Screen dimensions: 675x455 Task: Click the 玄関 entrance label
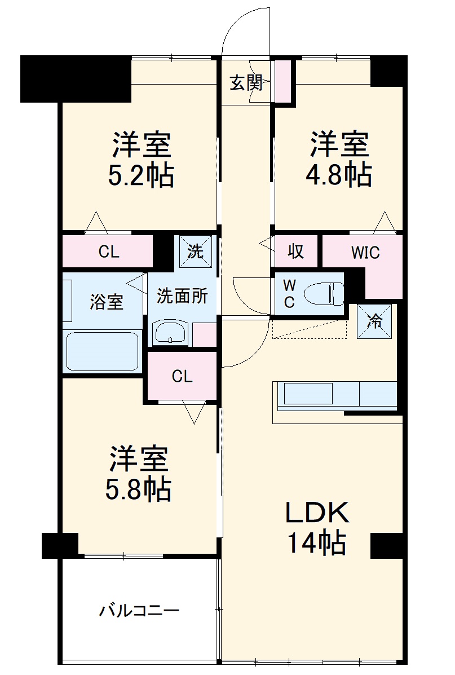pyautogui.click(x=246, y=83)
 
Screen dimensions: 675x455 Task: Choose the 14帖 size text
pyautogui.click(x=317, y=542)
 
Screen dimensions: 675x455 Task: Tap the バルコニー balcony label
pyautogui.click(x=139, y=610)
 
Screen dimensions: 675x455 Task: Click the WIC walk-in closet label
pyautogui.click(x=365, y=253)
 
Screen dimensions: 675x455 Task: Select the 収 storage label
pyautogui.click(x=296, y=252)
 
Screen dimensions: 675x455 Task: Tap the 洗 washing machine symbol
pyautogui.click(x=196, y=251)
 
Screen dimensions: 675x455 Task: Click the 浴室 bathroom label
pyautogui.click(x=106, y=302)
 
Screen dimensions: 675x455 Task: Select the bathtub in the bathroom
pyautogui.click(x=102, y=351)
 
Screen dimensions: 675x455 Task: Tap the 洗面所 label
pyautogui.click(x=182, y=296)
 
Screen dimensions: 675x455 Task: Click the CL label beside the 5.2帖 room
pyautogui.click(x=109, y=252)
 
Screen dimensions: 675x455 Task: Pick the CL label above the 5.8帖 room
pyautogui.click(x=182, y=376)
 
